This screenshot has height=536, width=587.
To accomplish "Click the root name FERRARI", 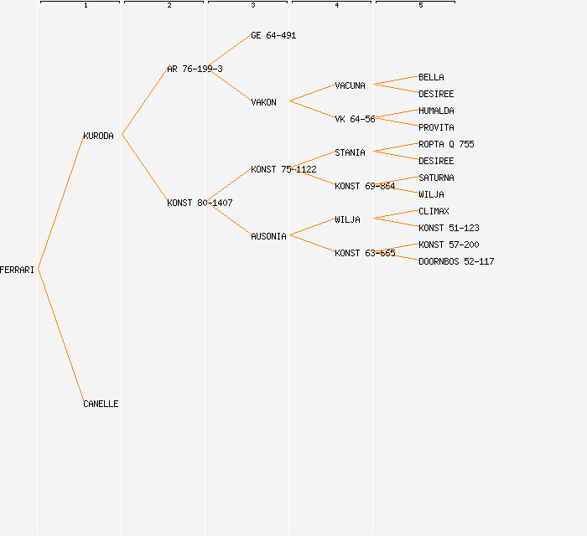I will click(17, 270).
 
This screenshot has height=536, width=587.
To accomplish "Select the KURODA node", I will click(98, 136).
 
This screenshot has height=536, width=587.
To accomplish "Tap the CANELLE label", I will click(101, 404).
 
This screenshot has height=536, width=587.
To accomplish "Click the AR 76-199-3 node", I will click(195, 69).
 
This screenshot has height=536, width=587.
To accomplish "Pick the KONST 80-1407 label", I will click(200, 203).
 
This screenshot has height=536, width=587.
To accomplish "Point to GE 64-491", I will click(273, 35).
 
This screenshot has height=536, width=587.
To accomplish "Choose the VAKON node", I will click(263, 102).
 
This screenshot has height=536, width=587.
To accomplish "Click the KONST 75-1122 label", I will click(283, 169).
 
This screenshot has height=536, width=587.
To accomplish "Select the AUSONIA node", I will click(268, 236).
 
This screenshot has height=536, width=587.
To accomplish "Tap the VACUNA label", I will click(350, 85).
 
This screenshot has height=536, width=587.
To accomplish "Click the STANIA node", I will click(350, 152).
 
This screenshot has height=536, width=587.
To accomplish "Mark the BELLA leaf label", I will click(431, 77).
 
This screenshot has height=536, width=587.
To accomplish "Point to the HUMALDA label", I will click(436, 111).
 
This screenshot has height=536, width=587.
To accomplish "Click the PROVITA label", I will click(436, 127).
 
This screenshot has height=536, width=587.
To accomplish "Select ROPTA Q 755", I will click(446, 144).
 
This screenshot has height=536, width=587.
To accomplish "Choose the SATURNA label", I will click(436, 178).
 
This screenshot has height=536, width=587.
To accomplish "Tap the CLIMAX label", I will click(434, 211).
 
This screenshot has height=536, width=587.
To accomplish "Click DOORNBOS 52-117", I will click(456, 261).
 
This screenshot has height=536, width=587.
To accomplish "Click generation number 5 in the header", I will click(421, 6).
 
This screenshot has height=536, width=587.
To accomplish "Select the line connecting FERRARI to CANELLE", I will click(61, 337).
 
